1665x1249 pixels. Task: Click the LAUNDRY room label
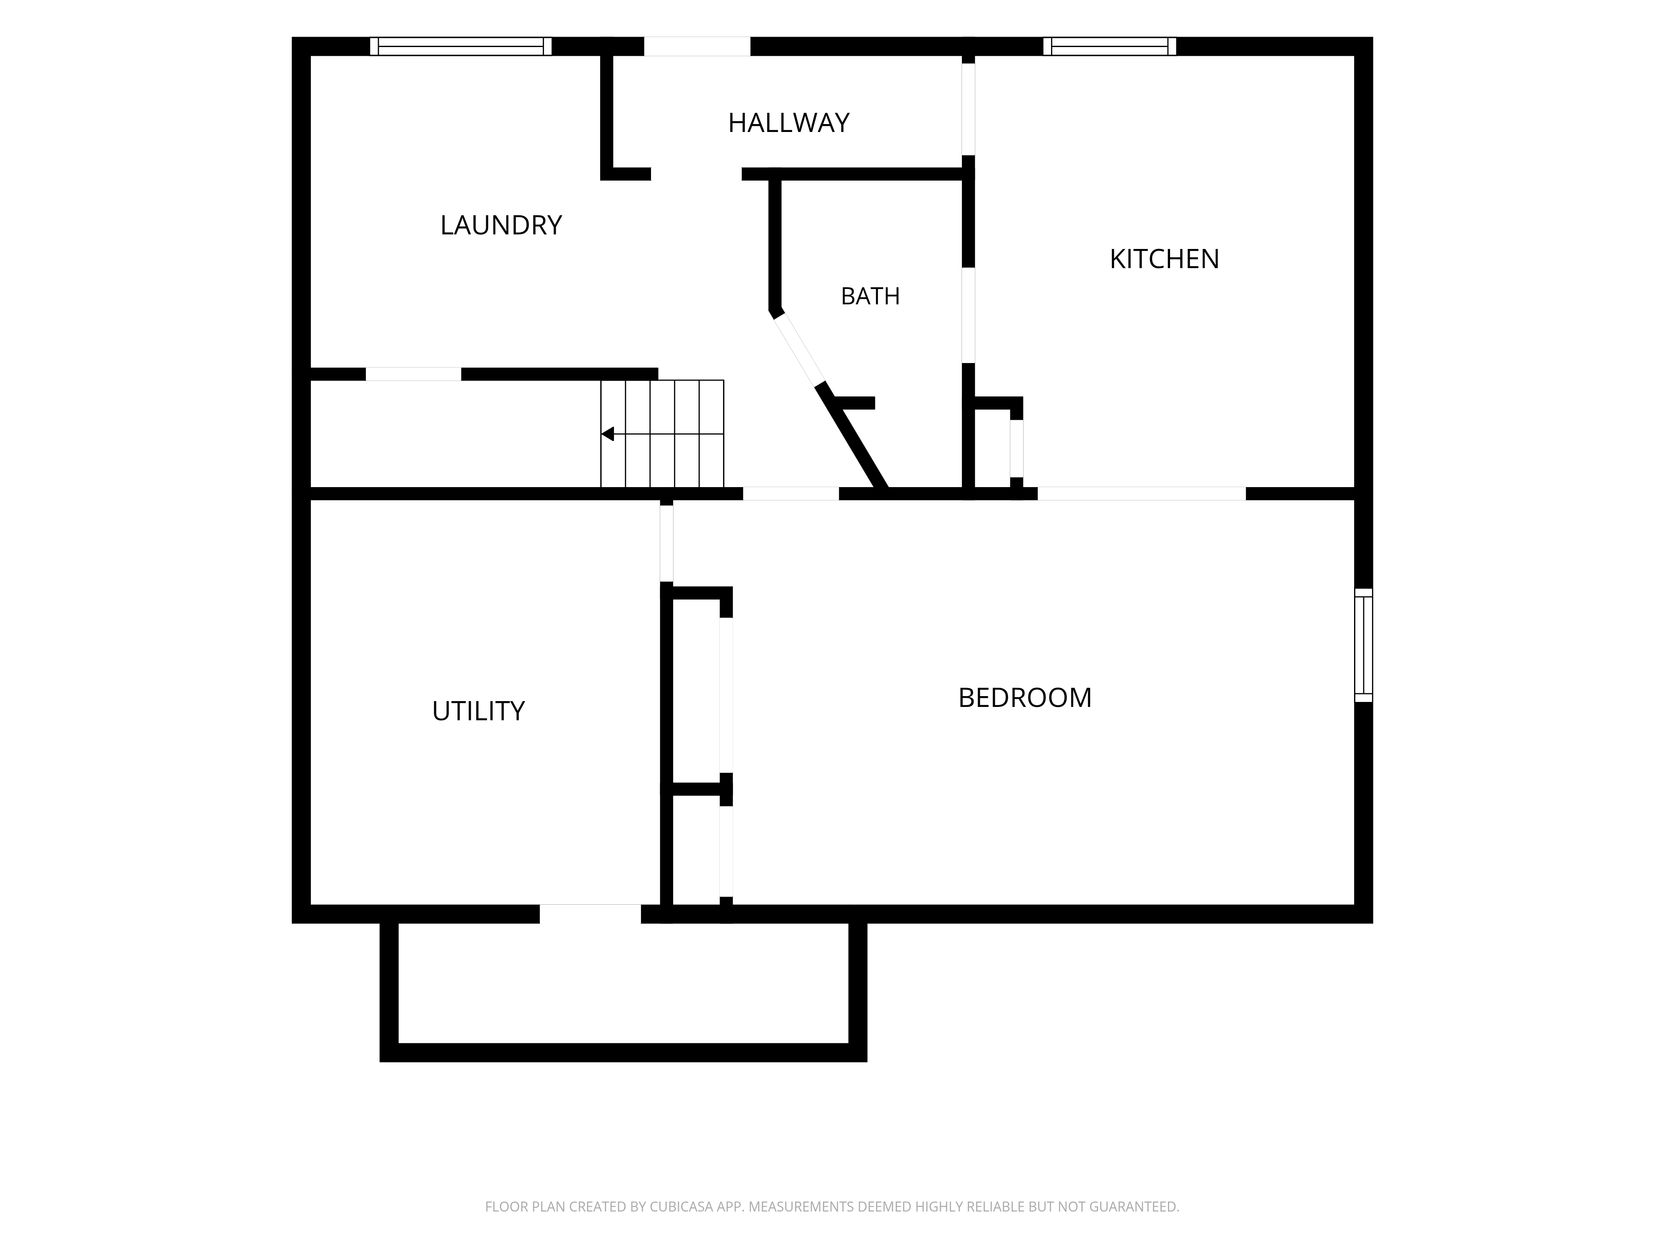click(501, 225)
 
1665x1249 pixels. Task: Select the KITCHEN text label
click(1164, 259)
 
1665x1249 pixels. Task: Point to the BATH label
click(870, 296)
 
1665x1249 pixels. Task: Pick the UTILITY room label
click(478, 711)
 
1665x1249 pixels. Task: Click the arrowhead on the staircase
click(607, 434)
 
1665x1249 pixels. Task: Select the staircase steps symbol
click(662, 434)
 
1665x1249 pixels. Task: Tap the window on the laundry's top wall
click(461, 46)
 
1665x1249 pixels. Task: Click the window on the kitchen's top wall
click(1109, 46)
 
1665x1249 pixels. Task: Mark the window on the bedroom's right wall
click(1363, 645)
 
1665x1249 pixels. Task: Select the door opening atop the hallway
click(697, 46)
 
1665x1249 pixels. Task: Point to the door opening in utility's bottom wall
click(590, 913)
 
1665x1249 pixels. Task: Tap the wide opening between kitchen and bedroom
click(1141, 494)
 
